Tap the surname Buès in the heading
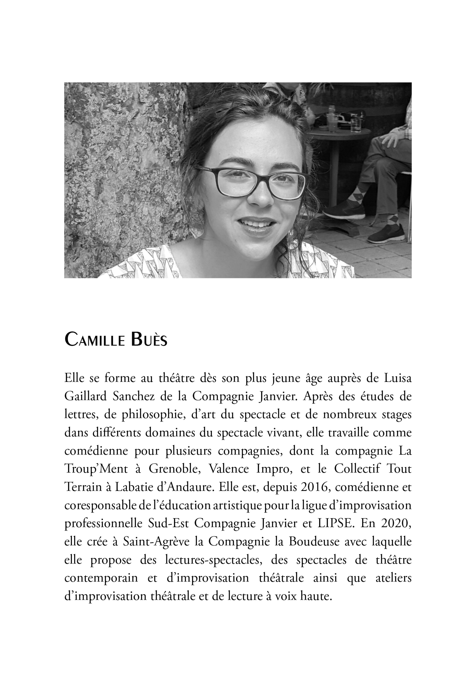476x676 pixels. tap(149, 339)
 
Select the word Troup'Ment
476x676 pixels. tap(96, 469)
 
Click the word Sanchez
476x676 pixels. tap(133, 397)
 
